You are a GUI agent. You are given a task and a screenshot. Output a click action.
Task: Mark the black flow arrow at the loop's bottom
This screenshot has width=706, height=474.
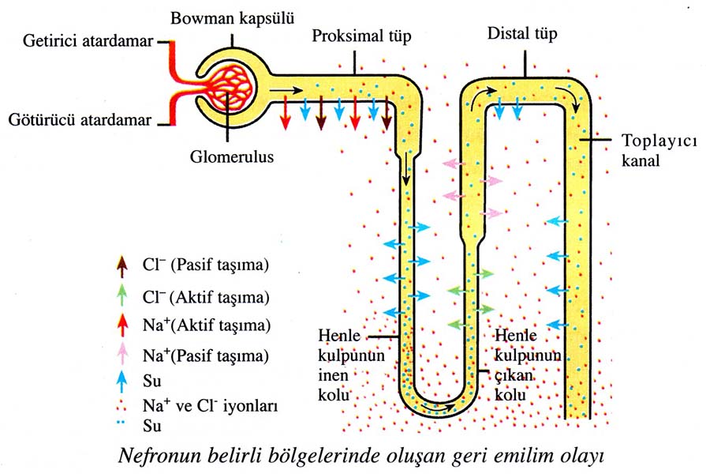[439, 409]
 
